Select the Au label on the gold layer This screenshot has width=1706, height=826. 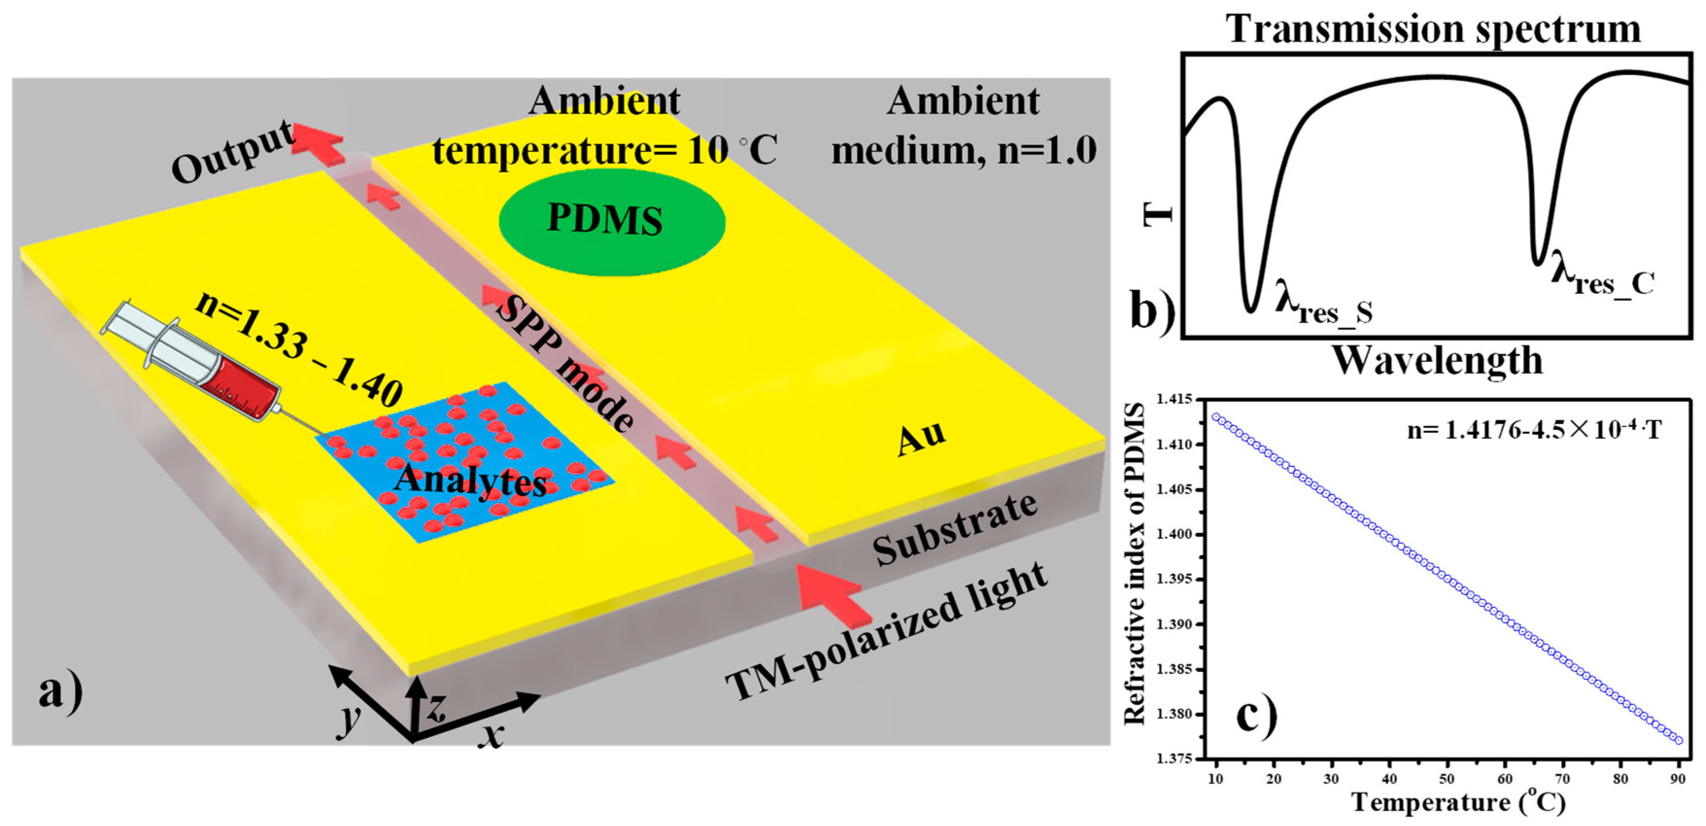(921, 438)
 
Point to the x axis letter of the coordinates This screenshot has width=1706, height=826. (491, 735)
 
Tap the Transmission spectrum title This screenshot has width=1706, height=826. (1433, 29)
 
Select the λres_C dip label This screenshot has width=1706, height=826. (1603, 279)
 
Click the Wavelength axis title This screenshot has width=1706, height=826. (1437, 361)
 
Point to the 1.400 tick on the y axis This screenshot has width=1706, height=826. (1174, 534)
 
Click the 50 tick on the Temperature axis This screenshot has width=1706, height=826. (1447, 779)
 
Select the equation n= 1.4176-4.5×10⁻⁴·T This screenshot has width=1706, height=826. (1534, 430)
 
